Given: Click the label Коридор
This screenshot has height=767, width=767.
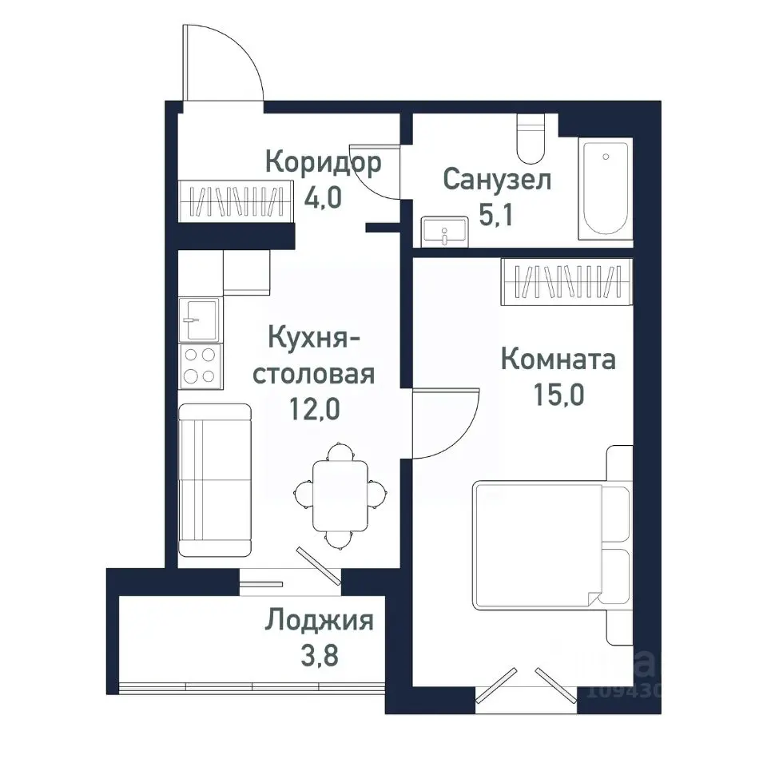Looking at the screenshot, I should pyautogui.click(x=323, y=163).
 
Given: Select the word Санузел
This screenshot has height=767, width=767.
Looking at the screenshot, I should pyautogui.click(x=496, y=180).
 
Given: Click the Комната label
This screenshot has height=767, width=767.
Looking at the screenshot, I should pyautogui.click(x=558, y=360).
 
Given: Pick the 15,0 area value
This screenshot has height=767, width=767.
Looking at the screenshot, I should pyautogui.click(x=557, y=395).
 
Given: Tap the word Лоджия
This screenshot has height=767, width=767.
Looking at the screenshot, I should pyautogui.click(x=320, y=620).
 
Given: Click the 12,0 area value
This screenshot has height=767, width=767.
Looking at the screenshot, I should pyautogui.click(x=313, y=409).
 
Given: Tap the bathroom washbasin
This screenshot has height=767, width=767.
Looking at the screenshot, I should pyautogui.click(x=444, y=231).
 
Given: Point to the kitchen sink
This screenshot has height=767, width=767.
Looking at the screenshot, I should pyautogui.click(x=199, y=319).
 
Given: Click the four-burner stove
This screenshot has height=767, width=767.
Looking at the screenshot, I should pyautogui.click(x=199, y=365).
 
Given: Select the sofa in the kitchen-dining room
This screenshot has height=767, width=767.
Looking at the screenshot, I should pyautogui.click(x=214, y=479).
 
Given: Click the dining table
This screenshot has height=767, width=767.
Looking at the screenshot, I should pyautogui.click(x=340, y=495).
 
